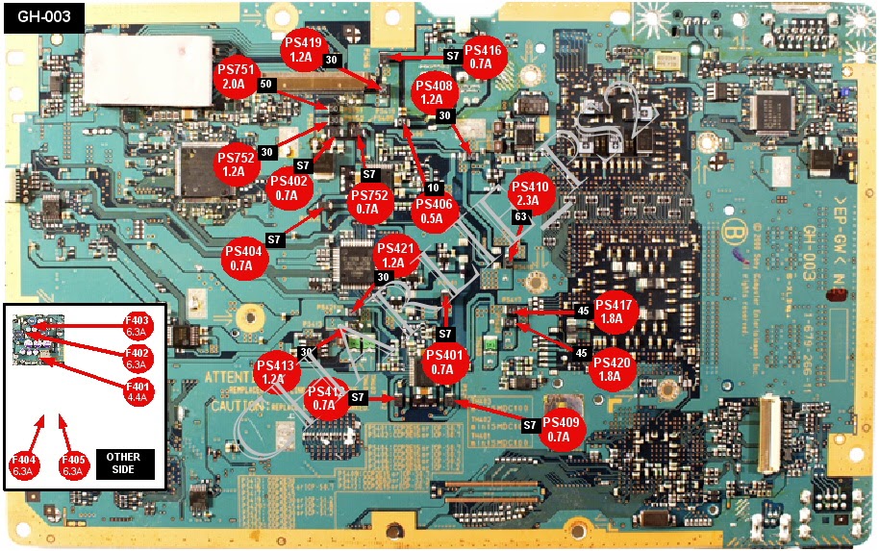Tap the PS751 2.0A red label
point(236,78)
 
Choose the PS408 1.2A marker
point(432,92)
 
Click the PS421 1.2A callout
point(393,255)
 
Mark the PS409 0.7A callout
point(563,430)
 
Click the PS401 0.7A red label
point(442,363)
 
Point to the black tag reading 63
point(520,218)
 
